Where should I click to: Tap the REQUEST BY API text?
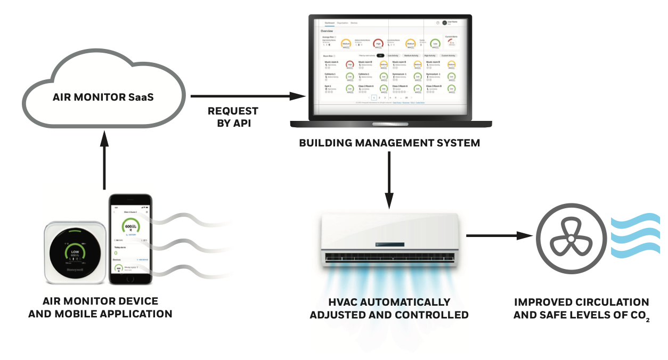pyautogui.click(x=233, y=116)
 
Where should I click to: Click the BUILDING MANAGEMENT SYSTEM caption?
pyautogui.click(x=389, y=143)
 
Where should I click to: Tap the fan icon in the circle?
pyautogui.click(x=570, y=240)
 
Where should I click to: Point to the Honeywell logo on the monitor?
pyautogui.click(x=75, y=269)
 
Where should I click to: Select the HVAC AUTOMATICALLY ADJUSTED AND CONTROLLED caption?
pyautogui.click(x=389, y=308)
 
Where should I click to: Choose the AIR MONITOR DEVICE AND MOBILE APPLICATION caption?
pyautogui.click(x=100, y=308)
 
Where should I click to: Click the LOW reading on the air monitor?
pyautogui.click(x=75, y=252)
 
